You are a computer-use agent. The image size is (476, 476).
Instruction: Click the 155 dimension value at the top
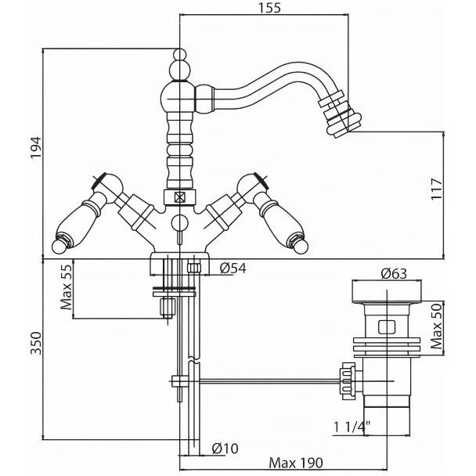(269, 7)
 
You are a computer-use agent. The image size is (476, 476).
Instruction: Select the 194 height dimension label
(36, 147)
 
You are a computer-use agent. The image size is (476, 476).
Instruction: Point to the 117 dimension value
(437, 189)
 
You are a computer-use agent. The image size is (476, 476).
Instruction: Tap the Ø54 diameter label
(233, 268)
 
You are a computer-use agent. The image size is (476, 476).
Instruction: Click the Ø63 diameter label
(394, 274)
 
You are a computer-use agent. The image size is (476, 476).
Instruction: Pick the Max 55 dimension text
(67, 287)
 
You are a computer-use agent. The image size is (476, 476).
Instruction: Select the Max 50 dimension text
(437, 326)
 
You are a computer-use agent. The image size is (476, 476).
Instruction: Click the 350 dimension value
(36, 344)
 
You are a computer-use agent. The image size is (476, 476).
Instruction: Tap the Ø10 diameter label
(225, 449)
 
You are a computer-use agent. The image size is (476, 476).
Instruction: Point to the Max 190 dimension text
(296, 463)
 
